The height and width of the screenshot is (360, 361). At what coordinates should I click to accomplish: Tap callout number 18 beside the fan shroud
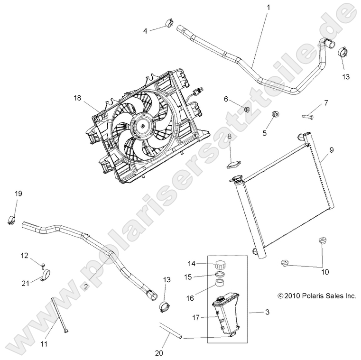(x=77, y=98)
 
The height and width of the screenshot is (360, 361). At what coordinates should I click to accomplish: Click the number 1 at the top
(x=268, y=8)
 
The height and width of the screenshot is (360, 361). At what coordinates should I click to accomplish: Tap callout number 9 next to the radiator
(x=331, y=150)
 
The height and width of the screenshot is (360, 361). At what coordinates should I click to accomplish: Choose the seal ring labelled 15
(x=220, y=275)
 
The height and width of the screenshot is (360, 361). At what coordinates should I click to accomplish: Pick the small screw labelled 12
(x=43, y=263)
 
